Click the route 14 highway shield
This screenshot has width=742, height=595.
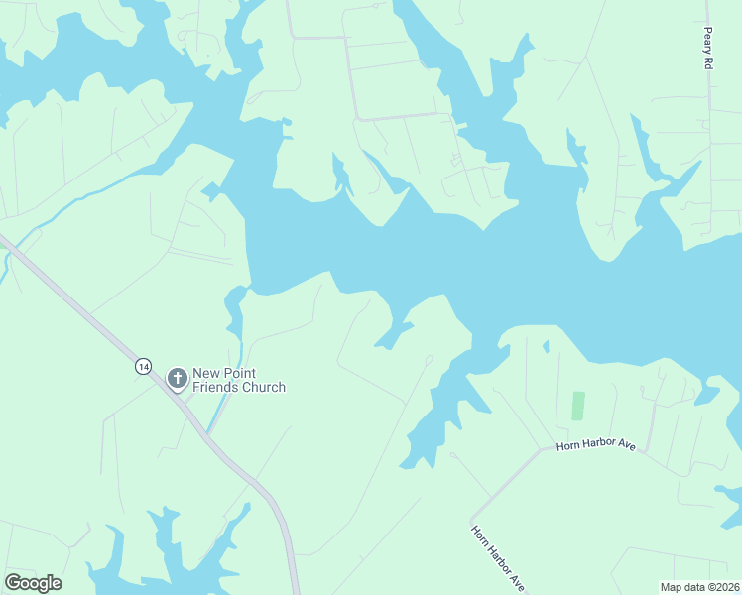pos(144,367)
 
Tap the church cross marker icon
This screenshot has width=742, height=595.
pos(178,378)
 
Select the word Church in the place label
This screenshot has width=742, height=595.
pos(263,387)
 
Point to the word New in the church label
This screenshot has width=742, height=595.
pos(207,372)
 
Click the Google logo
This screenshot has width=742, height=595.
pos(34,582)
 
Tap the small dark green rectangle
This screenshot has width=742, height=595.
pos(578,406)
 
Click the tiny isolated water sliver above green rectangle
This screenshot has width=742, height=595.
pos(545,346)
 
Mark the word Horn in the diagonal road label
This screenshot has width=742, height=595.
pos(479,535)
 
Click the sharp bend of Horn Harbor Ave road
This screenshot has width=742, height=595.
pos(542,448)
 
